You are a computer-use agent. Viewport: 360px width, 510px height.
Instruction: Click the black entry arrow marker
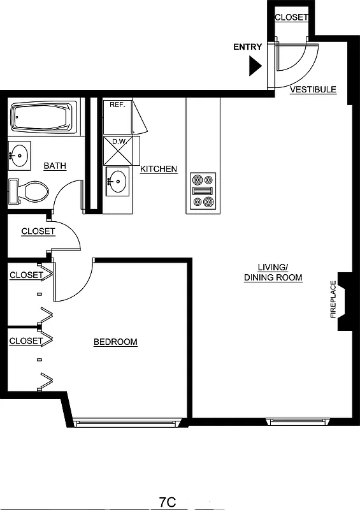point(256,65)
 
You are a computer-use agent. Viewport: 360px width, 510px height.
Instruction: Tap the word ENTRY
point(247,47)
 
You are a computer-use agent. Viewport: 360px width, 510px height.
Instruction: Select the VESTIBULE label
point(313,90)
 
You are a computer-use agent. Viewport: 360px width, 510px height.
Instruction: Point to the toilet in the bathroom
point(29,191)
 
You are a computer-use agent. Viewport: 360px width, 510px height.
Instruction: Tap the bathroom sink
point(20,154)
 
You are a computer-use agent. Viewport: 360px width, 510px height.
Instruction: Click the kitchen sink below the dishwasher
point(117,180)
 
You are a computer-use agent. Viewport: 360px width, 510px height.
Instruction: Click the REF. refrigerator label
point(117,105)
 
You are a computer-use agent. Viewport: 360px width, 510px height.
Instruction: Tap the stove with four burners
point(203,191)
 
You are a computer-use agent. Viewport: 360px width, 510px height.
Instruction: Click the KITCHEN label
point(159,169)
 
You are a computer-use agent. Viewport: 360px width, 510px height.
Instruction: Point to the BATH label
point(55,166)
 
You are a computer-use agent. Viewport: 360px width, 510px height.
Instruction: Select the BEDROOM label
point(115,342)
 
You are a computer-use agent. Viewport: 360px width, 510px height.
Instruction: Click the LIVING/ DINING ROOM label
point(273,272)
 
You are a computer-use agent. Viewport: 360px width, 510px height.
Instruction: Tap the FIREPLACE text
point(333,299)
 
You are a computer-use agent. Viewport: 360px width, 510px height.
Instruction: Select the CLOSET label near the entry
point(291,18)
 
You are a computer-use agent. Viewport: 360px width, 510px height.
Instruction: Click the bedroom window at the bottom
point(124,422)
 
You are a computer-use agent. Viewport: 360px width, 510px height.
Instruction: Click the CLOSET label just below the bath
point(38,231)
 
